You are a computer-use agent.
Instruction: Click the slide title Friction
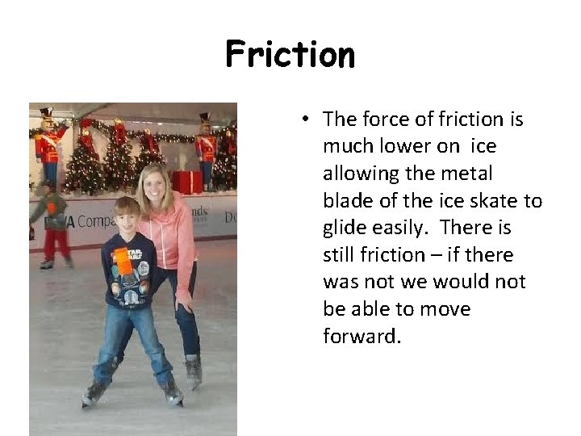tap(290, 55)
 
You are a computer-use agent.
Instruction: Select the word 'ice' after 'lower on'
tap(482, 146)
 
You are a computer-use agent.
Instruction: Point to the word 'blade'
tap(348, 200)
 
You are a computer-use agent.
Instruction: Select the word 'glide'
tap(346, 228)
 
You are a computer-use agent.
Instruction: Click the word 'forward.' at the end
tap(362, 336)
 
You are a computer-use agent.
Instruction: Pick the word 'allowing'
tap(361, 174)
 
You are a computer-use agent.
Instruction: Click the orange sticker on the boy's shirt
tap(123, 261)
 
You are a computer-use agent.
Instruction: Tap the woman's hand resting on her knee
tap(185, 304)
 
